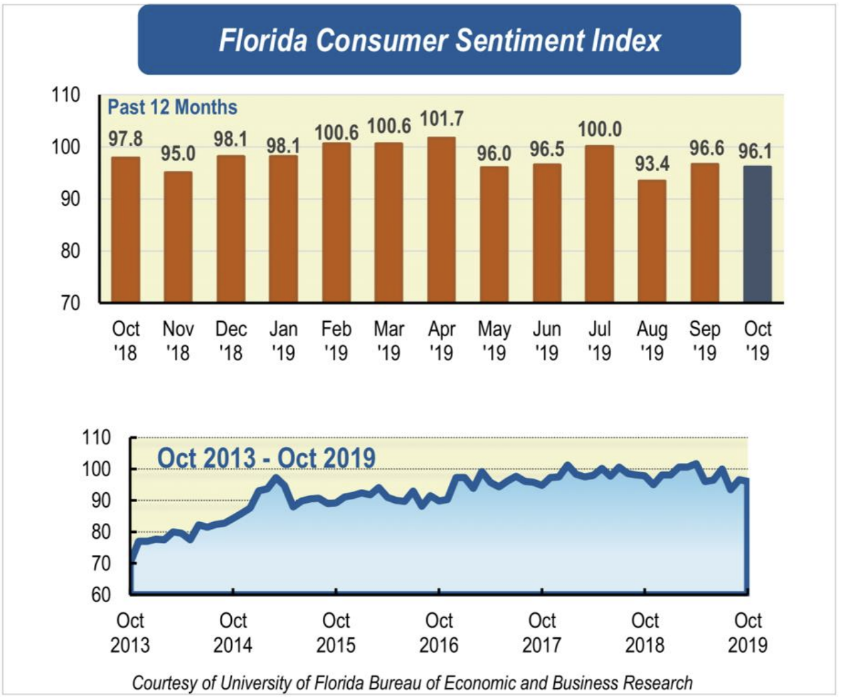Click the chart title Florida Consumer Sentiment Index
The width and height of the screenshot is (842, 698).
[x=439, y=40]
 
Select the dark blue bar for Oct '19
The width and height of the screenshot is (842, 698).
[x=757, y=234]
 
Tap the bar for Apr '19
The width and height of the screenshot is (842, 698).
[x=441, y=220]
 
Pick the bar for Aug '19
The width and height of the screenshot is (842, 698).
[x=651, y=241]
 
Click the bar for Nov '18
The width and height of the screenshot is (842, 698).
[x=178, y=237]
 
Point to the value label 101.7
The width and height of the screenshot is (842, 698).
[x=441, y=119]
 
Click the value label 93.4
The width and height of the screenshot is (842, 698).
[x=651, y=163]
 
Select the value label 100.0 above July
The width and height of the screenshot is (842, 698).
[x=600, y=129]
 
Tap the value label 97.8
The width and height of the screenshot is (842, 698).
[x=126, y=139]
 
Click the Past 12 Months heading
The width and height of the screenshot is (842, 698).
[x=173, y=107]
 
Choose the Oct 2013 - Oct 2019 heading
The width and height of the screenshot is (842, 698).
[x=266, y=458]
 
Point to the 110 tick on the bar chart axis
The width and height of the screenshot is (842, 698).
[x=66, y=95]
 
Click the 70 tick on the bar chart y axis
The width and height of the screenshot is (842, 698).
[x=70, y=303]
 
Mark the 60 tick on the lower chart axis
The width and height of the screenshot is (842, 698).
[x=101, y=594]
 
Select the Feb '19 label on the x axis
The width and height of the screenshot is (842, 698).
[x=336, y=340]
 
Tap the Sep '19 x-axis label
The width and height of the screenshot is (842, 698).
[x=704, y=340]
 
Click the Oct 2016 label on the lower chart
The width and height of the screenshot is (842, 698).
[x=439, y=632]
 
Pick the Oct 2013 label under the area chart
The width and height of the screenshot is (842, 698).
[x=130, y=632]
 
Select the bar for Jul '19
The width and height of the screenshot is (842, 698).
[x=600, y=224]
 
